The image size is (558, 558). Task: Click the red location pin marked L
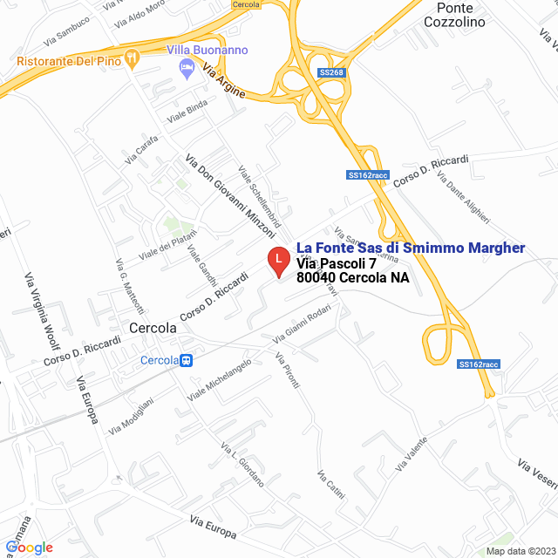277,261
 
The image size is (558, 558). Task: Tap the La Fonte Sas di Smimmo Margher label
411,248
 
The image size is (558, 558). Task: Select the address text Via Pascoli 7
336,263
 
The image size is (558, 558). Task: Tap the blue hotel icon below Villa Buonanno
185,68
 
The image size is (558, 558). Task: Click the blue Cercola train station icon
185,360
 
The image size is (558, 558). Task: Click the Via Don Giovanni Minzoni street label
229,196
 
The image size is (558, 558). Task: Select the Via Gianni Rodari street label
302,327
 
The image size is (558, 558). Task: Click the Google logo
29,547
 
